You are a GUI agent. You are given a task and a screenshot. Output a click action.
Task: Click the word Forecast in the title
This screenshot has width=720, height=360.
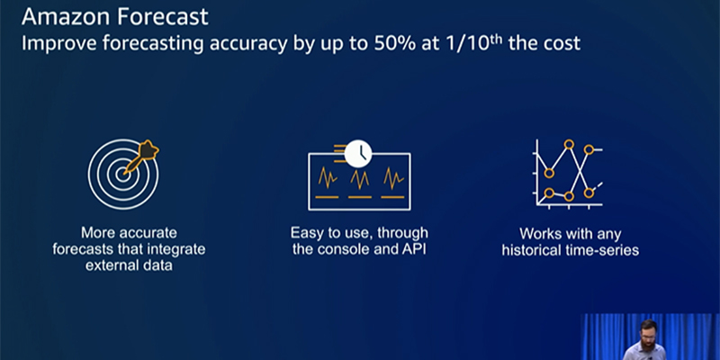pyautogui.click(x=162, y=16)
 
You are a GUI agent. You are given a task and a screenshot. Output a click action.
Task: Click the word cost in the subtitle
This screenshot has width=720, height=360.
pyautogui.click(x=563, y=43)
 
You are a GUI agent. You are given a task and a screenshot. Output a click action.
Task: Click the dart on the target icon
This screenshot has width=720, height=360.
pyautogui.click(x=141, y=156)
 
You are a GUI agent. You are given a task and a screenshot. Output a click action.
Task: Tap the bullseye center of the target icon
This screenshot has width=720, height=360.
pyautogui.click(x=122, y=174)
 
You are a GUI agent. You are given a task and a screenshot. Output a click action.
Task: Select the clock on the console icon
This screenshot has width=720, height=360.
pyautogui.click(x=358, y=153)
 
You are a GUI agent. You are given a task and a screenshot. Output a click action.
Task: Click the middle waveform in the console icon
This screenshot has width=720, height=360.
pyautogui.click(x=359, y=178)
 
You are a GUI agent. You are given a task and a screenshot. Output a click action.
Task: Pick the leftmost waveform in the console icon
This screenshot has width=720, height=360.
pyautogui.click(x=328, y=178)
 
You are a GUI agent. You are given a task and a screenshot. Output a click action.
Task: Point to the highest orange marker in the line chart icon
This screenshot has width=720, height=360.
pyautogui.click(x=569, y=144)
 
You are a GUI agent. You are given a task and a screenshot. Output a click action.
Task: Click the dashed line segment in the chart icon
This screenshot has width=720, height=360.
pyautogui.click(x=598, y=186)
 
